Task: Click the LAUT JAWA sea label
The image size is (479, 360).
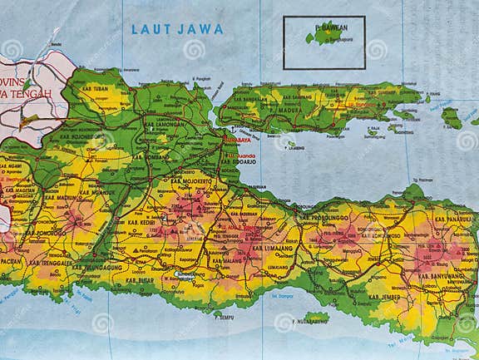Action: [177, 29]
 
